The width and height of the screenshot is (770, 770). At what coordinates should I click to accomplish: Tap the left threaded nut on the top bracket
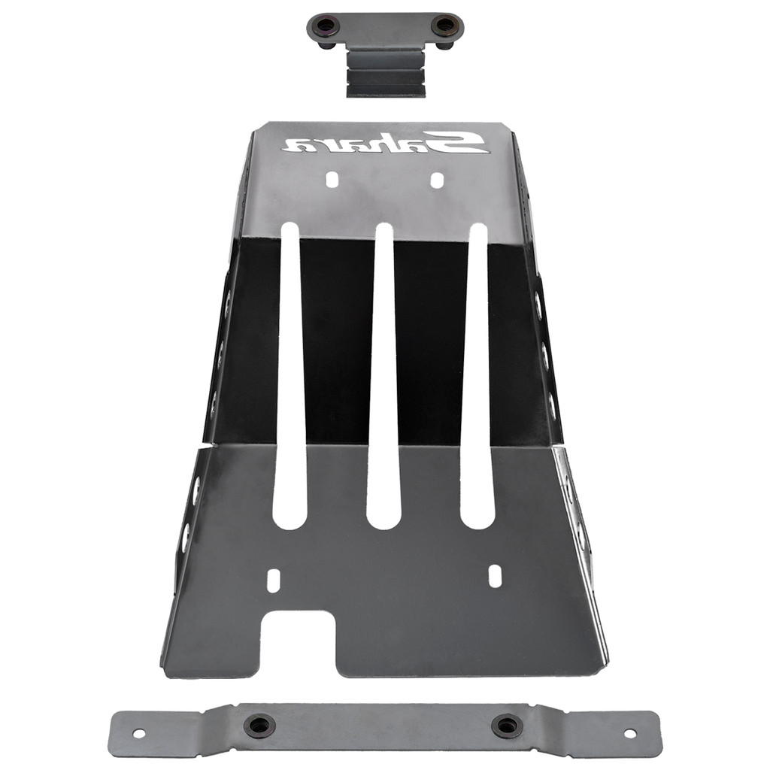coord(325,26)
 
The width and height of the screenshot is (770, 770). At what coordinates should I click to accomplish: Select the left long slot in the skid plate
coord(290,376)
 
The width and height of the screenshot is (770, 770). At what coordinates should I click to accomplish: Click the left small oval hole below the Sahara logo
coord(332,180)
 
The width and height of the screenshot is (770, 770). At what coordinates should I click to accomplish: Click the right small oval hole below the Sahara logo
coord(436,180)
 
